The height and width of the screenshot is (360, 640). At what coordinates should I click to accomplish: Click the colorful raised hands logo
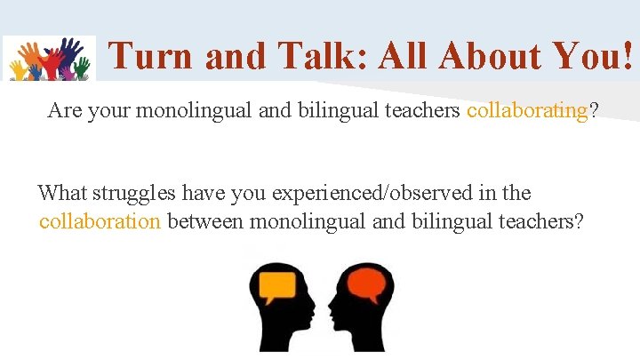pyautogui.click(x=49, y=59)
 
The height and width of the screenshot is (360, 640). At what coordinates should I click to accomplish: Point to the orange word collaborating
pyautogui.click(x=527, y=111)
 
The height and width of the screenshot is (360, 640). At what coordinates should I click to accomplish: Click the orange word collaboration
pyautogui.click(x=100, y=220)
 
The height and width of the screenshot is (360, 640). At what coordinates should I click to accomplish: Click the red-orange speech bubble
pyautogui.click(x=366, y=284)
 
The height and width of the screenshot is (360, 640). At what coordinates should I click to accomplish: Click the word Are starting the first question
pyautogui.click(x=64, y=111)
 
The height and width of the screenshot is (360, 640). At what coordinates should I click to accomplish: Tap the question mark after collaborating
pyautogui.click(x=593, y=111)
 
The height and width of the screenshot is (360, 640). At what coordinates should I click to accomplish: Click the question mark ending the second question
pyautogui.click(x=579, y=220)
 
